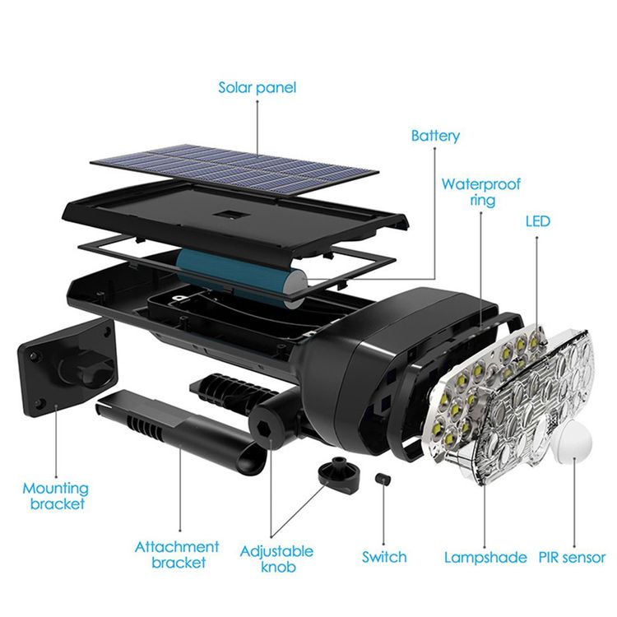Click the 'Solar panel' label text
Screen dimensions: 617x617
[x=257, y=86]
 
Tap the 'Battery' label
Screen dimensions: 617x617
[x=435, y=136]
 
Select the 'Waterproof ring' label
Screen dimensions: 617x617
[x=481, y=192]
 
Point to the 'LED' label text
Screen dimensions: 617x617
[x=537, y=221]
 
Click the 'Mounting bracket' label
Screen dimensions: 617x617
[x=57, y=495]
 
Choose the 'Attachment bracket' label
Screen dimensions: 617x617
[x=178, y=554]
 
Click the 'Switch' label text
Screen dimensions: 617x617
[x=384, y=557]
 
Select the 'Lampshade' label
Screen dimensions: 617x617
[x=485, y=557]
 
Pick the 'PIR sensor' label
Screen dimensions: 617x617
[x=572, y=557]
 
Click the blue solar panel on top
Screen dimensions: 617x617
[x=234, y=165]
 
